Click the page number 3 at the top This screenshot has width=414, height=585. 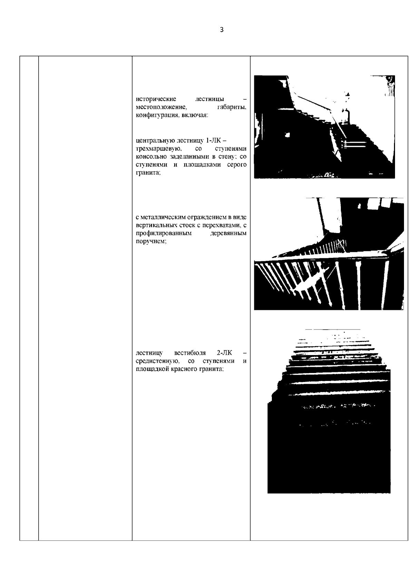[x=221, y=30]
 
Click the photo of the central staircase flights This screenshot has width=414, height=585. [x=324, y=127]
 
